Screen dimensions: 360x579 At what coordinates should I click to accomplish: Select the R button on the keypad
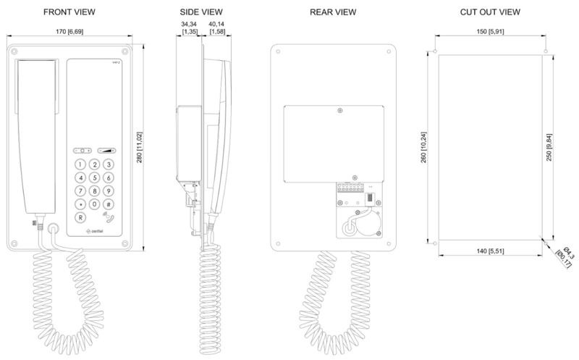pyautogui.click(x=80, y=217)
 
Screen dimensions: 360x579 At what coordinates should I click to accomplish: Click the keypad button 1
pyautogui.click(x=80, y=164)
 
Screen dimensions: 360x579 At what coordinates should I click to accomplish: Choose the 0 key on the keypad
pyautogui.click(x=94, y=204)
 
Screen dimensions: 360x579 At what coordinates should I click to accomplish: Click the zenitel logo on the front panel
pyautogui.click(x=96, y=232)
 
